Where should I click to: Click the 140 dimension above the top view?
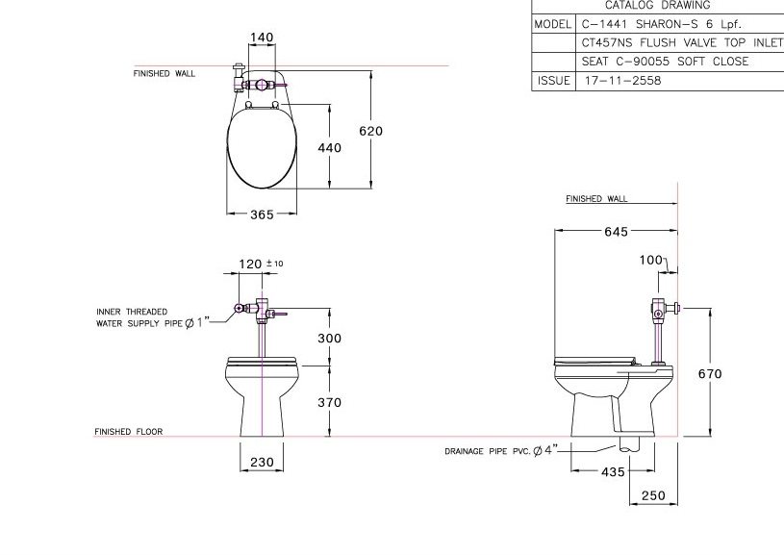coord(262,38)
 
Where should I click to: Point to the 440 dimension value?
coord(330,148)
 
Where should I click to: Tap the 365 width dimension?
coord(262,214)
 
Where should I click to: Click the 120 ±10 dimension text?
coord(259,263)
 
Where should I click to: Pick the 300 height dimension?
coord(330,339)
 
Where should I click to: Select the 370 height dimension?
coord(330,403)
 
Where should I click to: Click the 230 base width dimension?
coord(262,463)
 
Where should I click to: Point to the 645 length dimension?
coord(616,232)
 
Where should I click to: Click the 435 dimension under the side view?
coord(613,471)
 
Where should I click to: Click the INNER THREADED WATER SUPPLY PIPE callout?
coord(148,317)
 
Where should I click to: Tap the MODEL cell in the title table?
coord(552,23)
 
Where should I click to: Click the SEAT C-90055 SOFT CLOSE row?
coord(664,62)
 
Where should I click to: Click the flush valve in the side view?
coord(658,310)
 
